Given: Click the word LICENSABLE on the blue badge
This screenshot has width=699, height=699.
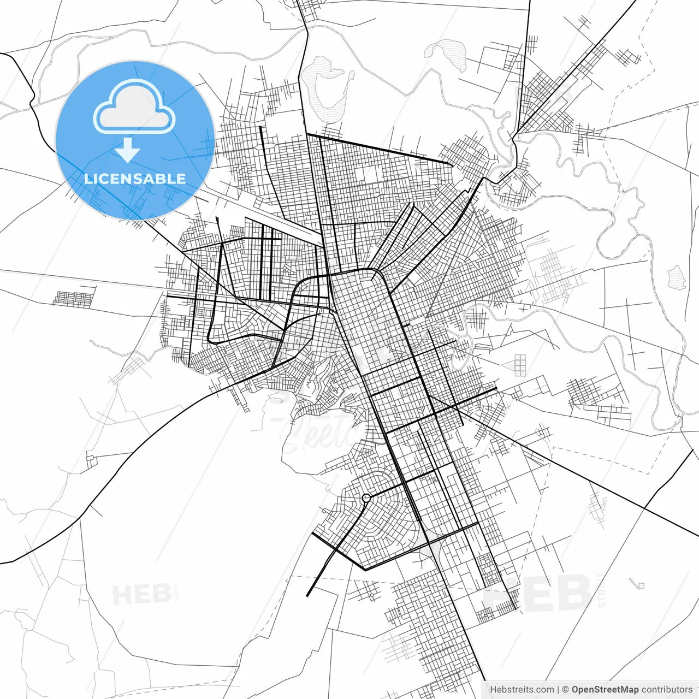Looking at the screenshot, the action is [135, 179].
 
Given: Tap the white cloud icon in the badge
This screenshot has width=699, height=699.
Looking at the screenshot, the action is [134, 108].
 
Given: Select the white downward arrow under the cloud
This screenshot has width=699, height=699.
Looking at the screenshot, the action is [128, 150].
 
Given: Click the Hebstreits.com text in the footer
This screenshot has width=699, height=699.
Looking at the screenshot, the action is [522, 690].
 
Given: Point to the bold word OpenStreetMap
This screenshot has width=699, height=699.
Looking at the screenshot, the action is [605, 690].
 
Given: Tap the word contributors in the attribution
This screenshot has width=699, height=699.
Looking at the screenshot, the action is [667, 690].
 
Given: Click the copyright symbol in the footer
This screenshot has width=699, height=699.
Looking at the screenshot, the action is [566, 690].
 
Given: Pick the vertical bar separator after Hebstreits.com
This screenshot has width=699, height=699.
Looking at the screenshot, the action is [558, 690].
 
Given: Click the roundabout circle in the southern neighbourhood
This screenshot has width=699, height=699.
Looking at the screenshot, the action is [366, 497].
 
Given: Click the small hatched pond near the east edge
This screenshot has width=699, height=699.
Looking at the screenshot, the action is [677, 277].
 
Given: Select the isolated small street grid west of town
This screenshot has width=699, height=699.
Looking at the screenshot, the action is [74, 298].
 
